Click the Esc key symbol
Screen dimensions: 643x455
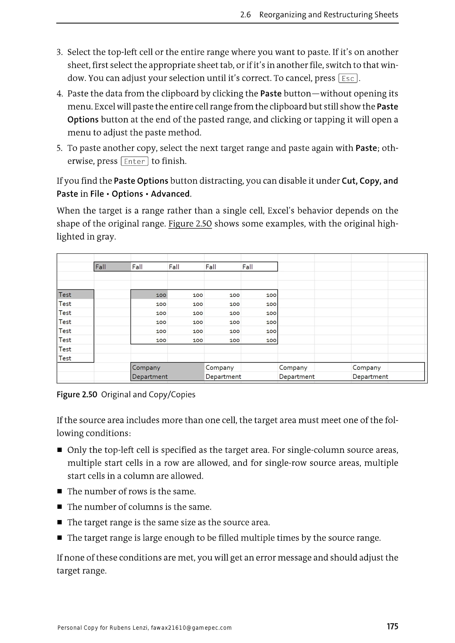point(348,78)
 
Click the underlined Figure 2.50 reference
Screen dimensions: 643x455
point(190,224)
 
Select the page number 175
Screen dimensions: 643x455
point(392,626)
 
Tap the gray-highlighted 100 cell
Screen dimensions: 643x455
point(149,295)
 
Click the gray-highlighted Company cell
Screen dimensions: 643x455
point(167,367)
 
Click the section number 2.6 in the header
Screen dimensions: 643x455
point(245,15)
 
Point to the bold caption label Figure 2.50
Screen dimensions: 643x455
point(77,395)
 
